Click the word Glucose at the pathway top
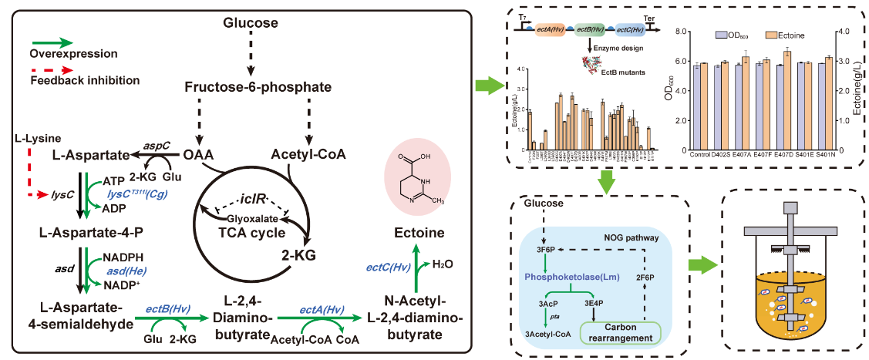pos(251,23)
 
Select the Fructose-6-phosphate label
pos(251,89)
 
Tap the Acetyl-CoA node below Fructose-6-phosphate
pos(309,154)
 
